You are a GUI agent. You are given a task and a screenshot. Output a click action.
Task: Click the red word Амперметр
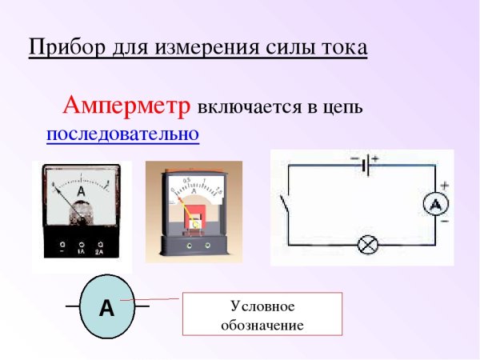[x=127, y=106]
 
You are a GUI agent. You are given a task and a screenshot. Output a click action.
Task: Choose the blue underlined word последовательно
[x=122, y=133]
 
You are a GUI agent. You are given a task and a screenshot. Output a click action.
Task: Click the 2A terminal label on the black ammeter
[x=100, y=250]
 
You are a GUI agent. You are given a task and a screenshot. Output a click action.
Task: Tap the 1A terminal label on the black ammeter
[x=81, y=250]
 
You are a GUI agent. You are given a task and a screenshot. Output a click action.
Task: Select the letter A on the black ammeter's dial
[x=81, y=193]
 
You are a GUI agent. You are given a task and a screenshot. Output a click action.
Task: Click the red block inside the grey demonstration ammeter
[x=195, y=221]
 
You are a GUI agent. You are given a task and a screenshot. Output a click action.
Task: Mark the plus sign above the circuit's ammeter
[x=444, y=185]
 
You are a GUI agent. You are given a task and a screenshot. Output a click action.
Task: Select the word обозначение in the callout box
[x=262, y=326]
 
